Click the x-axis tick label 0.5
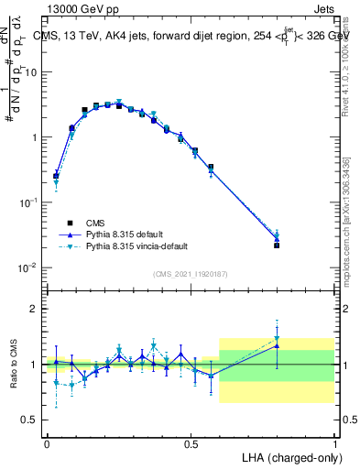(x=191, y=443)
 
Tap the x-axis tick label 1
(x=334, y=443)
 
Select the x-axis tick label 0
(x=47, y=443)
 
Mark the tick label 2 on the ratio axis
(x=35, y=309)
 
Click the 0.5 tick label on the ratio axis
(x=31, y=420)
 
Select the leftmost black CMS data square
(x=56, y=175)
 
